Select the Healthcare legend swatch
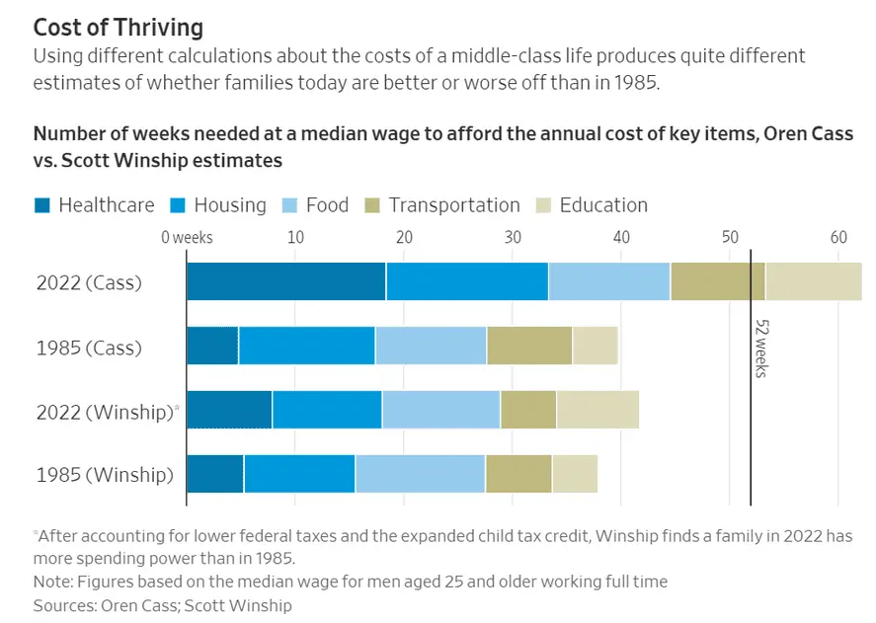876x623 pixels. (42, 205)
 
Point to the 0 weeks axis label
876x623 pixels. (187, 237)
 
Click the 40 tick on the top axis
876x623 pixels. (621, 237)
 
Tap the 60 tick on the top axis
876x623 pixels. (838, 237)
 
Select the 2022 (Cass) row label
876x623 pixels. (89, 282)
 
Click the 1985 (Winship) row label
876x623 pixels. (105, 475)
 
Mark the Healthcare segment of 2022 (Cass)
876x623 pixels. (286, 282)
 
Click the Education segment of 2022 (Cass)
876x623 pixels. (813, 282)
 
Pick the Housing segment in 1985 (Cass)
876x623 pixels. (306, 347)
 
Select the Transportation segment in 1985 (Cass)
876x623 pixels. (529, 347)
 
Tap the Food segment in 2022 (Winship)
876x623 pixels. (440, 411)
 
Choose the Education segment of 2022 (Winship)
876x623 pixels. (597, 411)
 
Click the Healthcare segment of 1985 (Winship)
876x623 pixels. (215, 475)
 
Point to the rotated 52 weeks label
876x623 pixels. (761, 348)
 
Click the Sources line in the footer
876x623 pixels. (163, 604)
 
